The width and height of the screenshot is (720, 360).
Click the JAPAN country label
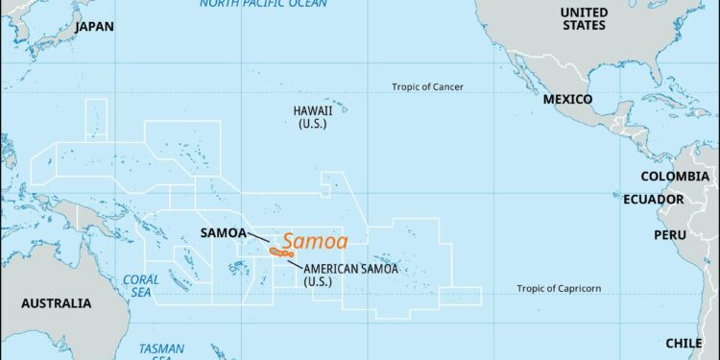(94, 27)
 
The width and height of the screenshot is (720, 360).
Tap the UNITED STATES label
(585, 19)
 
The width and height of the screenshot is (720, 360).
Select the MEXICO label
(566, 100)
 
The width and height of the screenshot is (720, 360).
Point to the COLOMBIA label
(680, 177)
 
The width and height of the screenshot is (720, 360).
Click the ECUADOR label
(653, 200)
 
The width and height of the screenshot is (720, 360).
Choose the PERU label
(670, 235)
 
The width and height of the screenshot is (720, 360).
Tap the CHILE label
(684, 343)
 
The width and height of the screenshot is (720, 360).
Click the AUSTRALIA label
(57, 303)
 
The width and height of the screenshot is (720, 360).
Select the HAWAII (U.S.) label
(313, 117)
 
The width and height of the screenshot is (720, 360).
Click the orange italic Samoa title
(315, 242)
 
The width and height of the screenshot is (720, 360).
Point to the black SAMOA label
(223, 233)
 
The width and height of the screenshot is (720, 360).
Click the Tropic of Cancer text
(427, 87)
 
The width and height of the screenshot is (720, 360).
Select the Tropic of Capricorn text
(559, 289)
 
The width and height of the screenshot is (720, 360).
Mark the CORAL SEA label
(140, 286)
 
